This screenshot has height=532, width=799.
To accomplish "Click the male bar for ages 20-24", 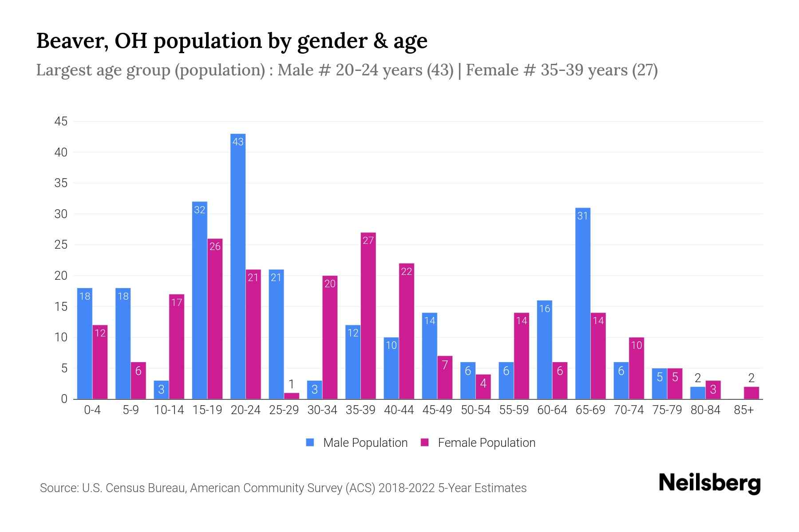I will [238, 266].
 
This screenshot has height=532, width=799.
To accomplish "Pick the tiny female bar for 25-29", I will [292, 396].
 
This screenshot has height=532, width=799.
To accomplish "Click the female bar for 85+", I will [752, 393].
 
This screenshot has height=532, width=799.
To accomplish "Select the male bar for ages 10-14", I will [161, 390].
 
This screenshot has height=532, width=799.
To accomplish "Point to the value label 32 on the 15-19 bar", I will [200, 210].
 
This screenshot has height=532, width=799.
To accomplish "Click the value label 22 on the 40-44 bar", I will [407, 271].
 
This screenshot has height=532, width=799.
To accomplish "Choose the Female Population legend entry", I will [478, 443].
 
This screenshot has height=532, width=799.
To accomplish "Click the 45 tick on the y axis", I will [61, 121].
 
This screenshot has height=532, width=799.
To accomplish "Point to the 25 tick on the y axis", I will [61, 245].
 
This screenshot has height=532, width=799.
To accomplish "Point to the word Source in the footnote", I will [58, 488].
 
